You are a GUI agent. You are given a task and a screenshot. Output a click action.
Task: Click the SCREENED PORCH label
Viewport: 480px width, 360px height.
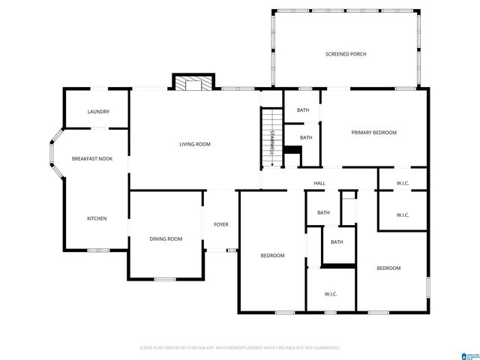345,54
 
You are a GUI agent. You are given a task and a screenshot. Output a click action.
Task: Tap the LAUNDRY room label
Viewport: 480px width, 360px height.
98,112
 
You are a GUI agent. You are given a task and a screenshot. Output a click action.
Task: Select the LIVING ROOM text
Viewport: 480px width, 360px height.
193,144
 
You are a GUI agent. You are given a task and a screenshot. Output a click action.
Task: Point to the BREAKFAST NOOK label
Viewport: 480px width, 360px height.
91,158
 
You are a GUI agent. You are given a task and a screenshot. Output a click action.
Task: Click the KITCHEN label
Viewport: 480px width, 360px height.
96,218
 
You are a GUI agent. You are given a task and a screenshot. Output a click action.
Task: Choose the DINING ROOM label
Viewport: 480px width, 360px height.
165,238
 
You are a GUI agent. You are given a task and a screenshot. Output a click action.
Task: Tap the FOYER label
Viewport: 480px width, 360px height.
220,223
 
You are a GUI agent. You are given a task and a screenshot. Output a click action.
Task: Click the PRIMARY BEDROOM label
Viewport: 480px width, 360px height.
373,132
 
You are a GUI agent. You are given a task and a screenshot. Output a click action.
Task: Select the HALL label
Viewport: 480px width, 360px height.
319,183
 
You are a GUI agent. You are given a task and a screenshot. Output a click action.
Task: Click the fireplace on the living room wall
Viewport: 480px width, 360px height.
194,82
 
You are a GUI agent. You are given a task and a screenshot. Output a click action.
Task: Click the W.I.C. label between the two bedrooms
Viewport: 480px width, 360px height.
330,293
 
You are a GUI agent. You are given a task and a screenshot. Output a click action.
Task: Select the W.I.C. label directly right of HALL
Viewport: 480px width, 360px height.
402,183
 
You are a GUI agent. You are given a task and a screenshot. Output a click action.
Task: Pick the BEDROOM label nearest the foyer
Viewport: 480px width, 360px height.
272,256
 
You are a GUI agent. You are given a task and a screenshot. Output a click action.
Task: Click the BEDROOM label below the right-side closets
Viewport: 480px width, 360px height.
388,268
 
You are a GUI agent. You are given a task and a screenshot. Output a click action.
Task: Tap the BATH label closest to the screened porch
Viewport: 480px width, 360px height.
302,110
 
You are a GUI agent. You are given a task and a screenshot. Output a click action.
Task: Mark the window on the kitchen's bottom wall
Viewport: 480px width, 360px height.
98,250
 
